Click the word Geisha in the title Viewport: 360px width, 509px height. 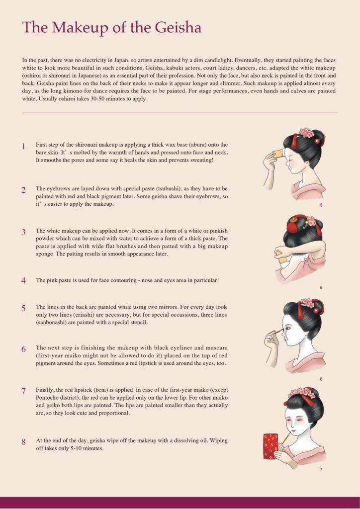tap(177, 28)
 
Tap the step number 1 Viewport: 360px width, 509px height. tap(23, 147)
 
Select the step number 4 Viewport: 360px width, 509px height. tap(23, 280)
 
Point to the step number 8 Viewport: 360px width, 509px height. tap(23, 441)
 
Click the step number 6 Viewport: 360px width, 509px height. tap(23, 349)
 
